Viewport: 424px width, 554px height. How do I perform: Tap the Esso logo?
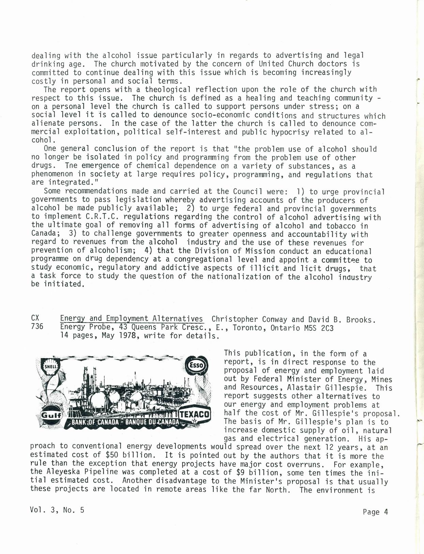click(196, 366)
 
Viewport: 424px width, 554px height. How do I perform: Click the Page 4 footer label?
click(376, 512)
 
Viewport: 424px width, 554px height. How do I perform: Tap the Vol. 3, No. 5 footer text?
click(57, 510)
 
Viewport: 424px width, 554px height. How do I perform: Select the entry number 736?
click(37, 327)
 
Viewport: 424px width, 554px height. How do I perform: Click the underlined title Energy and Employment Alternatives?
click(132, 318)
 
